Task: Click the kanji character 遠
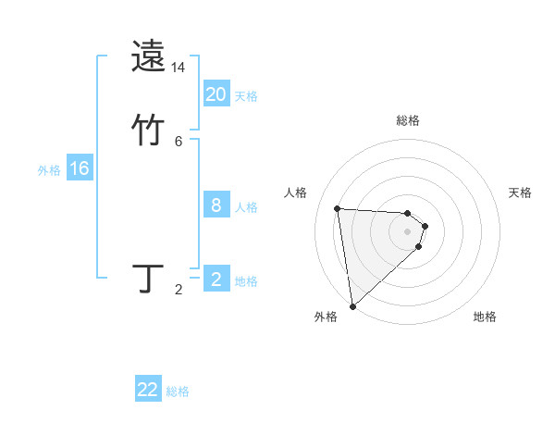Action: click(149, 56)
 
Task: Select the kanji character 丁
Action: click(149, 279)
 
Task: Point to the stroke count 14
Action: click(179, 68)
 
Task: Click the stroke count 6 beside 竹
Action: click(179, 142)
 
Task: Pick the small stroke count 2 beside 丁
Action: click(179, 291)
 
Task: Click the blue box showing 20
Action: click(216, 94)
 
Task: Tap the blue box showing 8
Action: click(216, 205)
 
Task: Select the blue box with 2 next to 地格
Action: click(216, 280)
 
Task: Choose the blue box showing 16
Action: click(80, 168)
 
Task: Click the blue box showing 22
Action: click(148, 390)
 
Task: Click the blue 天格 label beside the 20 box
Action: click(246, 96)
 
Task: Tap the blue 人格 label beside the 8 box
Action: click(246, 207)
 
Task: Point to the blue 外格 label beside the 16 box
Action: click(49, 170)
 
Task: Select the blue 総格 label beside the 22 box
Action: click(178, 391)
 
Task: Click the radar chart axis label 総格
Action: click(408, 120)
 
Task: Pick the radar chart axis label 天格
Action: click(520, 193)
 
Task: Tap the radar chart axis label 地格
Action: click(485, 317)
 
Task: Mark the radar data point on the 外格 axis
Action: click(351, 305)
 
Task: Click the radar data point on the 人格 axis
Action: click(337, 208)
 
